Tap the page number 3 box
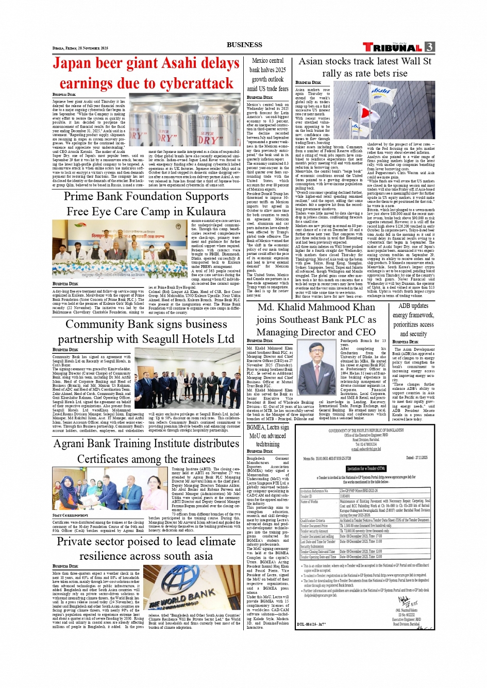click(x=429, y=47)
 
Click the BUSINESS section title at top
click(x=244, y=45)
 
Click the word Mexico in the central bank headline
click(x=267, y=61)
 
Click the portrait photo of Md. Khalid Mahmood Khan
click(x=317, y=369)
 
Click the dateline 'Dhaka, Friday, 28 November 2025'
click(x=80, y=48)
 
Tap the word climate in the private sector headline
click(x=214, y=541)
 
